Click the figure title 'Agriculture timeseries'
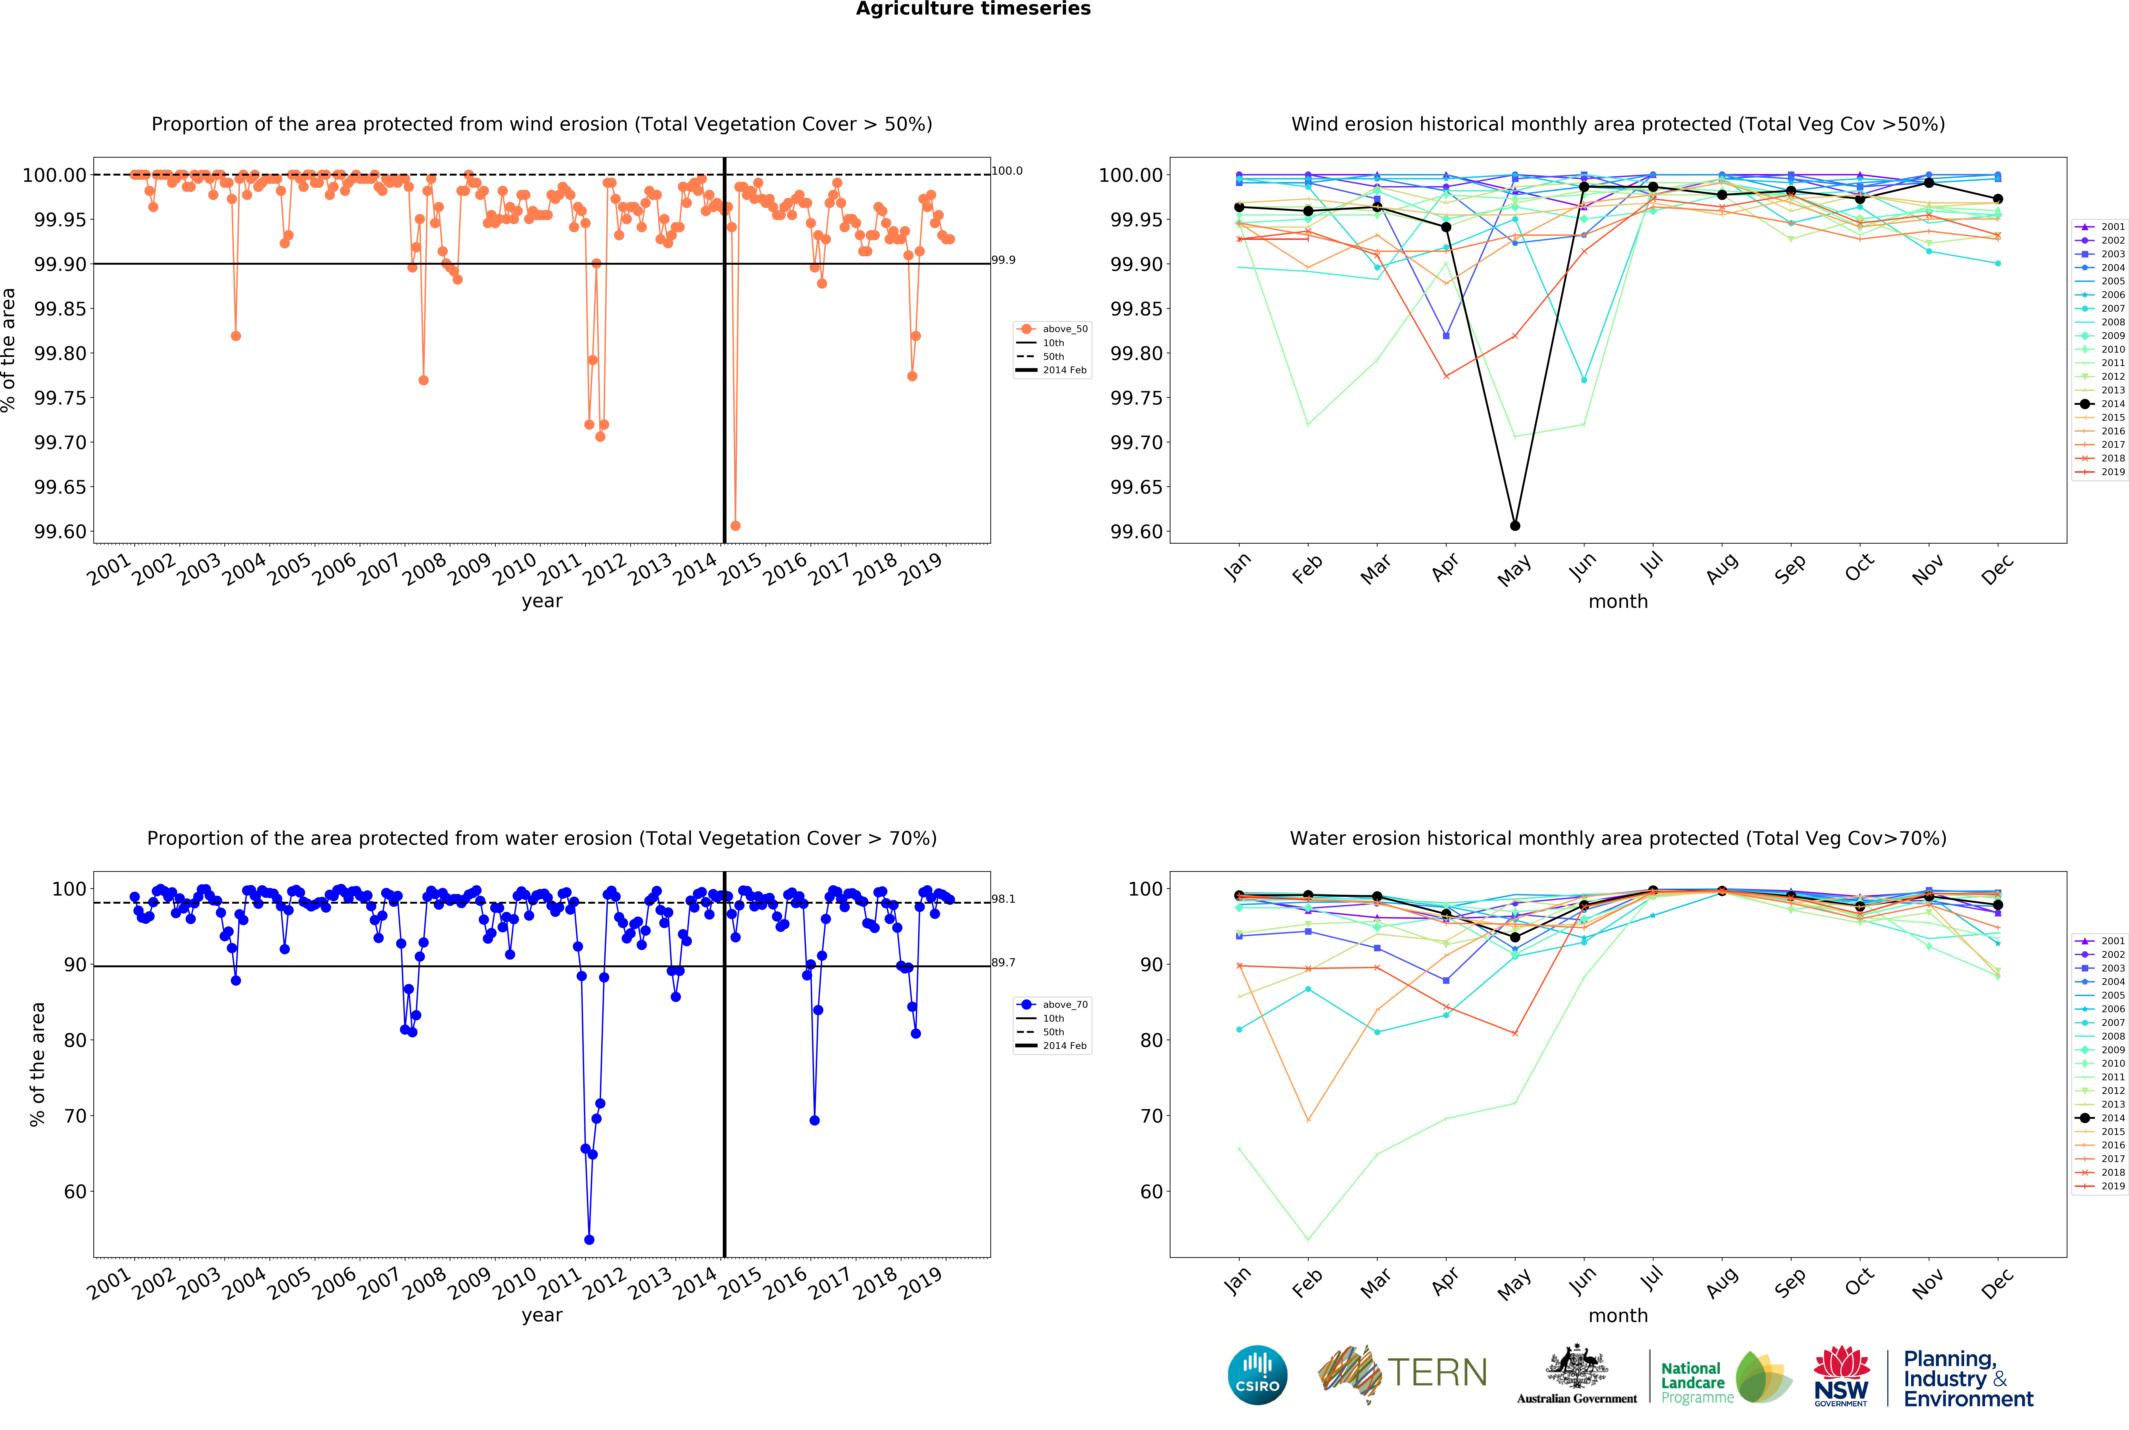(x=972, y=9)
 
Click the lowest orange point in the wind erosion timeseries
(x=735, y=526)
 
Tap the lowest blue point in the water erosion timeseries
(x=589, y=1240)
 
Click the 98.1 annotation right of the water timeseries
(x=1003, y=899)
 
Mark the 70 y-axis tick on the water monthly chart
(x=1152, y=1116)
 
